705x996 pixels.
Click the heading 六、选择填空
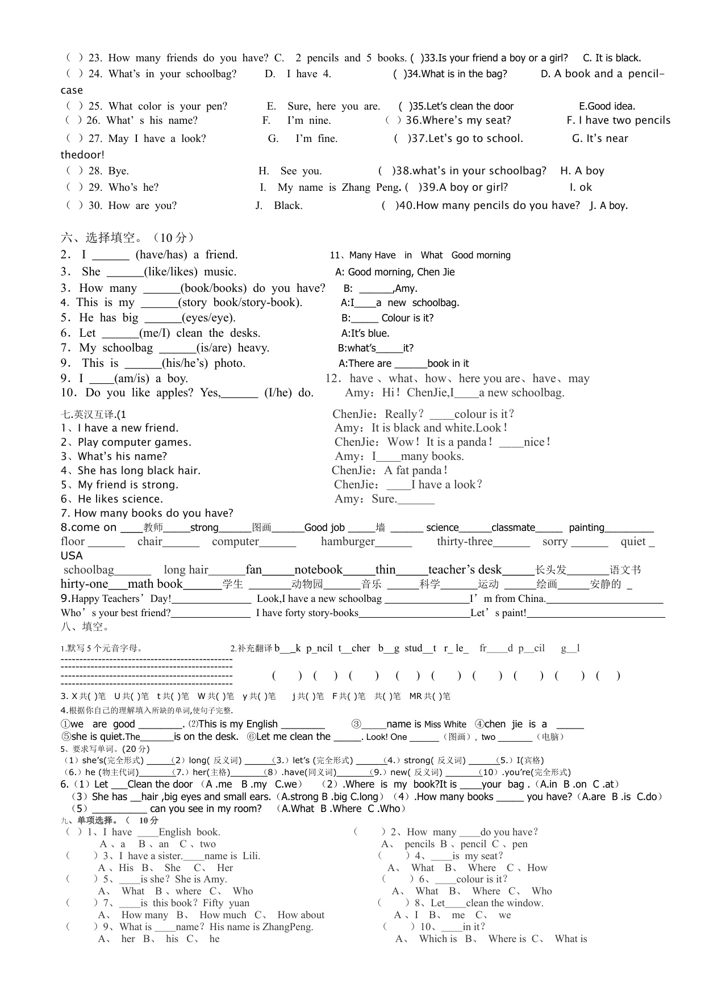(127, 237)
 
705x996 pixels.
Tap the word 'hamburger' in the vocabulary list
(348, 542)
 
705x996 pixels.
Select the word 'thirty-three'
(464, 542)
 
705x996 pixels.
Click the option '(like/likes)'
(171, 271)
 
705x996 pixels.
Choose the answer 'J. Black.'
(279, 206)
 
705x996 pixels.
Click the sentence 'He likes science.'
(120, 499)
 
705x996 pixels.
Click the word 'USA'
(72, 556)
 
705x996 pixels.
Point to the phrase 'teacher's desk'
(465, 570)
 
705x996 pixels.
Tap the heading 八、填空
(85, 627)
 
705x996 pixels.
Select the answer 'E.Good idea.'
(607, 106)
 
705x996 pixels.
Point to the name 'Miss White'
(445, 725)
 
